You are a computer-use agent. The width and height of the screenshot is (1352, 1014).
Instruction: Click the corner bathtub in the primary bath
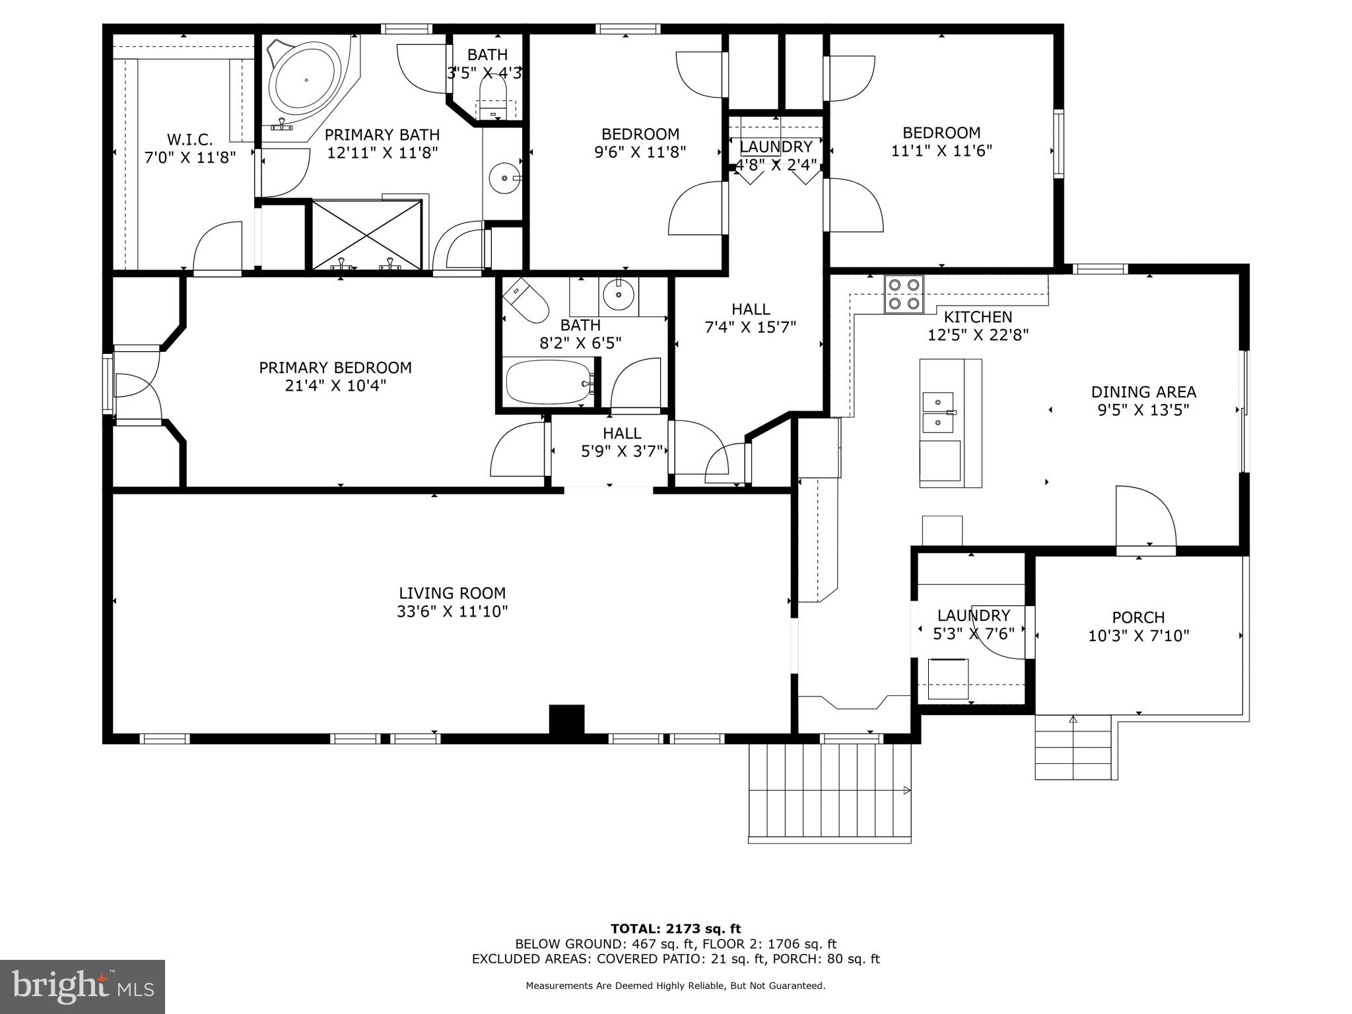point(306,81)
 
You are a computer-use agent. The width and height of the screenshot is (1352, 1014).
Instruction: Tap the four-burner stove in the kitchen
point(904,294)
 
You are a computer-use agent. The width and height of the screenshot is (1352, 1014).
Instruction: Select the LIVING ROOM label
point(452,593)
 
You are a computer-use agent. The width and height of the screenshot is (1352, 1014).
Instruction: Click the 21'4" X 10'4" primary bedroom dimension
point(335,386)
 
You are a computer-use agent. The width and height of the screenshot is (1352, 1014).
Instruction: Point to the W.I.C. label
point(189,139)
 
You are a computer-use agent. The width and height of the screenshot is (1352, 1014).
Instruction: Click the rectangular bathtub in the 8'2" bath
point(548,382)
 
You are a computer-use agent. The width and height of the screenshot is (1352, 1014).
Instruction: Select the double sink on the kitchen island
point(938,411)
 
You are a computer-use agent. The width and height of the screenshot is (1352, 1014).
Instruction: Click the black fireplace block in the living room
point(566,719)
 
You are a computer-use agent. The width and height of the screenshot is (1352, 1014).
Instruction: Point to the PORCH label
point(1138,617)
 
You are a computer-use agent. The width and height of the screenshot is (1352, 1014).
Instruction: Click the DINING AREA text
point(1143,391)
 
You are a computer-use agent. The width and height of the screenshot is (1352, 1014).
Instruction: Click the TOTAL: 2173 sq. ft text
point(675,929)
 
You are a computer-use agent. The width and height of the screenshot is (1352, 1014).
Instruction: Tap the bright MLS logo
point(82,987)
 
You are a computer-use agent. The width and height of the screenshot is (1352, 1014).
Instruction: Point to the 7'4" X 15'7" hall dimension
point(751,327)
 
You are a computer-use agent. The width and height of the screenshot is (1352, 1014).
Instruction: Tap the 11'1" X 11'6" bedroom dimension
point(941,151)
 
